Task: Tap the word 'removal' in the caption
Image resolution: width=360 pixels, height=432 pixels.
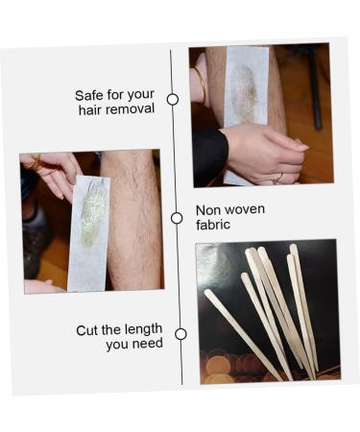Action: pos(131,108)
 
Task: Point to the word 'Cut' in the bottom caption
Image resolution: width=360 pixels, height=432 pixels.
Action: pos(87,330)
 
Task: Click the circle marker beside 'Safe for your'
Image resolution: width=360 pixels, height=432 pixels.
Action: pos(173,99)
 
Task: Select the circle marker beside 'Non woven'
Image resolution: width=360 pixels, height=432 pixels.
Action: pos(177,218)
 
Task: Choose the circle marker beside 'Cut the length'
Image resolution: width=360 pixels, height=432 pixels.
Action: pos(180,334)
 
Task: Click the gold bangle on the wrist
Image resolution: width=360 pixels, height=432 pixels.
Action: pos(202,84)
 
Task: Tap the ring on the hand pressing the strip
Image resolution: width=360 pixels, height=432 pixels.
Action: pos(279,177)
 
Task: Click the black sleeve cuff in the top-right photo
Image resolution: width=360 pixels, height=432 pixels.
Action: pos(210,152)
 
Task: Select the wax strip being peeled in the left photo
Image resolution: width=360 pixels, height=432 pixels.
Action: pos(88,233)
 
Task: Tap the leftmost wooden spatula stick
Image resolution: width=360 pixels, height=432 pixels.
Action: pos(243,334)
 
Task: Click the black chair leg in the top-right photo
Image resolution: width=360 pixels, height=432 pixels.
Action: pos(315,93)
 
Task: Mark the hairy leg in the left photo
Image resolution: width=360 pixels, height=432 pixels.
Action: pos(134,221)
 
